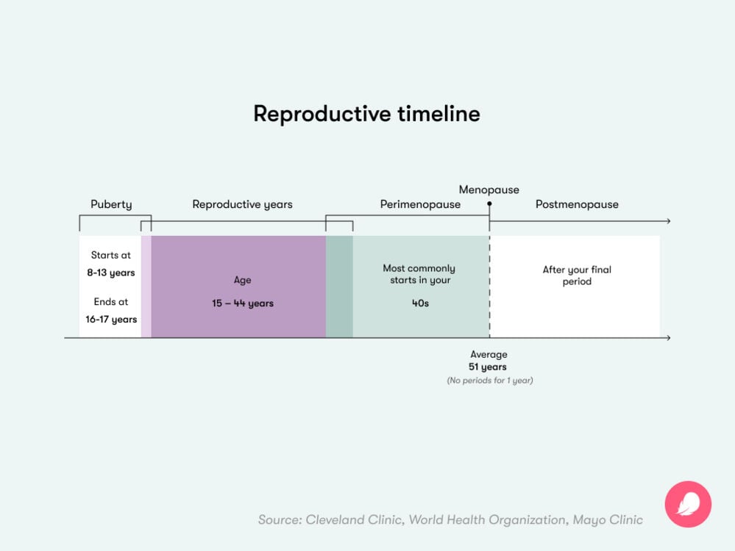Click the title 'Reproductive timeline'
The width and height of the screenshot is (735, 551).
point(366,114)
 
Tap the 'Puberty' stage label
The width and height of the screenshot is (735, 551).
point(111,204)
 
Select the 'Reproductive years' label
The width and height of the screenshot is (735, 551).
point(242,204)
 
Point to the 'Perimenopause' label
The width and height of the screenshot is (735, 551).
point(420,204)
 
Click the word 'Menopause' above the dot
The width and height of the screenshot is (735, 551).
point(489,190)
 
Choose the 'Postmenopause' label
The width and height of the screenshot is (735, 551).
point(577,204)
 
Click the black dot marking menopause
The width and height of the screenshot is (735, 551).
point(489,204)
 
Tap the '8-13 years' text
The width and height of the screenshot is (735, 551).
point(111,273)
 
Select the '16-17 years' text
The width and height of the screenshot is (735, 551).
point(111,320)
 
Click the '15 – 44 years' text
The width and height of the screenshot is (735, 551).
point(243,303)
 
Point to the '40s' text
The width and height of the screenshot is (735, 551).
point(420,303)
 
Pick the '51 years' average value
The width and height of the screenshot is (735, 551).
point(488,367)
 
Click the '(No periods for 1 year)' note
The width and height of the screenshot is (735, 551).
point(489,381)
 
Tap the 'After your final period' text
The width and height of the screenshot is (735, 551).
point(577,275)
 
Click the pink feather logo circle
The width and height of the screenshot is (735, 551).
point(688,504)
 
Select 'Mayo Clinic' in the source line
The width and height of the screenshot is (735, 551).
point(608,519)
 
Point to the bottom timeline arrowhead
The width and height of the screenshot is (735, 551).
point(667,338)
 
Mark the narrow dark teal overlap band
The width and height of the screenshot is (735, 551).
point(339,287)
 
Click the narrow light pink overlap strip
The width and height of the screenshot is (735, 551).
point(146,287)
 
